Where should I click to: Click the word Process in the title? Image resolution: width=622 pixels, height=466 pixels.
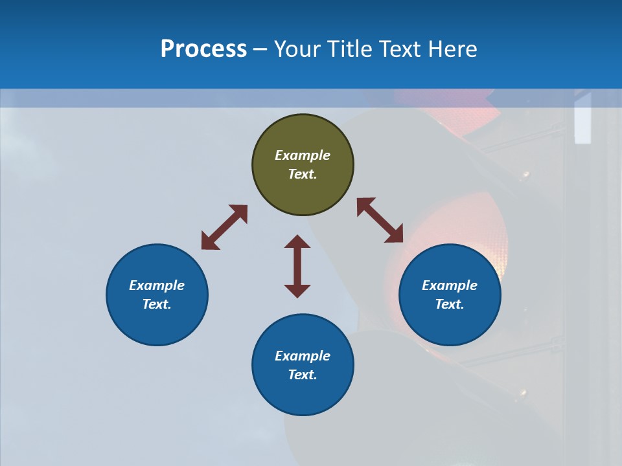[203, 49]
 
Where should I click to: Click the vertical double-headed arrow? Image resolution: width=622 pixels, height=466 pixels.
[297, 266]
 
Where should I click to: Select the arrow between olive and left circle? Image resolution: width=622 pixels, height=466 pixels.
[224, 227]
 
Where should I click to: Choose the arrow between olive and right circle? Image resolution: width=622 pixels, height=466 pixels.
[380, 221]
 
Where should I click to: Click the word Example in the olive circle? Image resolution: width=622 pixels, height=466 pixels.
[303, 155]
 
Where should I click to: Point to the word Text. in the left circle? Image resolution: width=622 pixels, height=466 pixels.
[157, 304]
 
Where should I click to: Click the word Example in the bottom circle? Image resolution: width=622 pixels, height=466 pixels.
[303, 356]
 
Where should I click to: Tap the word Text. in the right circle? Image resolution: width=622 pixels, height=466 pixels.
[450, 304]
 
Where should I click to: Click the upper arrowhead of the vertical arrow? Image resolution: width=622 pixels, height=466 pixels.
[297, 242]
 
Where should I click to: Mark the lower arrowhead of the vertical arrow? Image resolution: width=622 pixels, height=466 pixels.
[297, 291]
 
